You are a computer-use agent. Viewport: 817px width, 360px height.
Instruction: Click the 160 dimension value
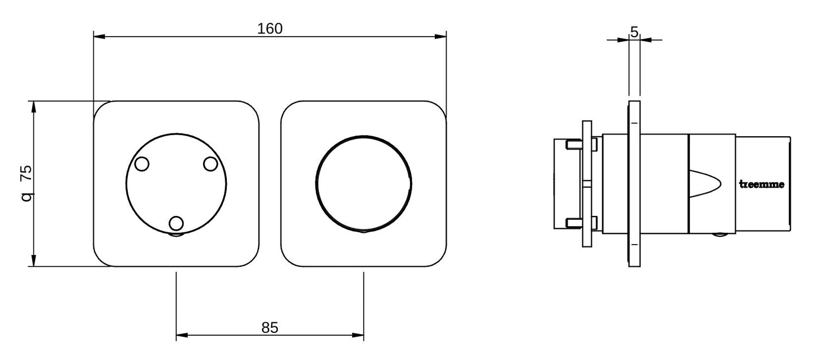click(270, 29)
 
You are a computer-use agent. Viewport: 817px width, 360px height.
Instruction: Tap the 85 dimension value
click(270, 328)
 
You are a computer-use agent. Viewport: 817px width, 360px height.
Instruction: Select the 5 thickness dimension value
click(634, 32)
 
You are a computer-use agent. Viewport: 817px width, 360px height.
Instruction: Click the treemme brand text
click(762, 184)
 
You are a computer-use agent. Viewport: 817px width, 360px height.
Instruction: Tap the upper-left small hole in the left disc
click(141, 164)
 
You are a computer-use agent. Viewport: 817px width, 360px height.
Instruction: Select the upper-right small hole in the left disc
click(210, 164)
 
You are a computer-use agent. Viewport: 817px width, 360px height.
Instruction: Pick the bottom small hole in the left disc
click(176, 223)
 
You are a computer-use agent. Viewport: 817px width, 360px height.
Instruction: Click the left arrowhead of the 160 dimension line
click(99, 37)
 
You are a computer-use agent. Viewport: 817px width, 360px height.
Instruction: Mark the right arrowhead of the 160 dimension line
click(440, 37)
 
